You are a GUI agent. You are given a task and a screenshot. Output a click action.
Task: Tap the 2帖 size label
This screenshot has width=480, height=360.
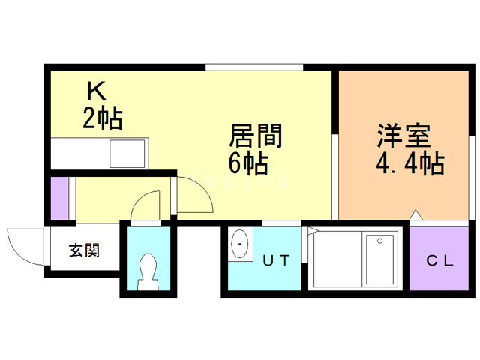click(103, 118)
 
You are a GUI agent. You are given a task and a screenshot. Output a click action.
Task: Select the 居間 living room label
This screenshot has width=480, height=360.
click(256, 135)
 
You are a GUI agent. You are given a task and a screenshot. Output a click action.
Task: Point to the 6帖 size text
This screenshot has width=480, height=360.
click(248, 163)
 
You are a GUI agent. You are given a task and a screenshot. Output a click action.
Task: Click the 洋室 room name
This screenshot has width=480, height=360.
click(403, 136)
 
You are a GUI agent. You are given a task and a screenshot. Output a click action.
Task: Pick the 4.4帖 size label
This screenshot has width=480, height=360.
click(410, 163)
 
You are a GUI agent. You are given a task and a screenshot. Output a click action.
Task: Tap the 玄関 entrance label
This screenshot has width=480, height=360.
click(85, 250)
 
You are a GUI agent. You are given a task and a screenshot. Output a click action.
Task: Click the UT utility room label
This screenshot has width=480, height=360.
click(276, 260)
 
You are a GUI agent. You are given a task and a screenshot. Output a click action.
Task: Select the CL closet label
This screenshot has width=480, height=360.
click(439, 260)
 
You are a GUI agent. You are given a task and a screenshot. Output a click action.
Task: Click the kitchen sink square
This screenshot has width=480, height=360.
click(127, 154)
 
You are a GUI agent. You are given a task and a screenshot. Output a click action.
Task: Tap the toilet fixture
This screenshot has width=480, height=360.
click(148, 271)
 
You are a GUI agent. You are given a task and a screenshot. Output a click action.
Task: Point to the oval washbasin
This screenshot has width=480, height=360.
click(240, 244)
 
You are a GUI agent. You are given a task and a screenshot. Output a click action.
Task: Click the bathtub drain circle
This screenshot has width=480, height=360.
click(380, 241)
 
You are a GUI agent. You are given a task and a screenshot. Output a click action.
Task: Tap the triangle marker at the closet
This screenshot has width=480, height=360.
click(416, 215)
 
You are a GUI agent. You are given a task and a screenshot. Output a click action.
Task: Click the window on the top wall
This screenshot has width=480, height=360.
click(254, 67)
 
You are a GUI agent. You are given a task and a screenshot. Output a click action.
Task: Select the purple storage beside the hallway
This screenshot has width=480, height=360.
click(60, 198)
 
